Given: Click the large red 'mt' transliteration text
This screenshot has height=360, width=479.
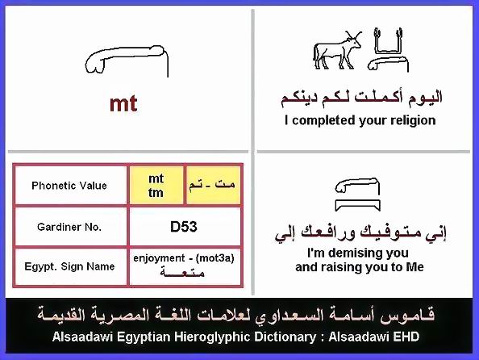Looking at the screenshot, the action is tap(123, 104).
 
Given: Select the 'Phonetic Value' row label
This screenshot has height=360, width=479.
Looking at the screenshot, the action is tap(69, 186).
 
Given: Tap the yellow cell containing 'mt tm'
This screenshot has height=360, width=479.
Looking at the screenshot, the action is tap(156, 185).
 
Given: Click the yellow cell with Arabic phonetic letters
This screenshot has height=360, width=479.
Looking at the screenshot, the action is tap(213, 185).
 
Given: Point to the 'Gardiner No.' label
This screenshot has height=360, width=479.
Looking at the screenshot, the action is tap(69, 227).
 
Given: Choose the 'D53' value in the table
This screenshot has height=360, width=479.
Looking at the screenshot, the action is tap(184, 227).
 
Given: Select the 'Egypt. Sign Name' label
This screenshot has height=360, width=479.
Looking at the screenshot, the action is tap(69, 266).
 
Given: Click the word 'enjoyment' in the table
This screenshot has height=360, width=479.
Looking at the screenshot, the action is tap(159, 258).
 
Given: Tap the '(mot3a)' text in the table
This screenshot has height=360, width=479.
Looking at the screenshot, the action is tap(215, 258).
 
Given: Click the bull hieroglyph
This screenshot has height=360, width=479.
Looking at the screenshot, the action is tap(337, 51).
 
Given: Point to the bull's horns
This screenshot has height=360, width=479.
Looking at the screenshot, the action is tap(354, 36).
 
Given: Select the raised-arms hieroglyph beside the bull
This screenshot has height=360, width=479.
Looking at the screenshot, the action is tap(388, 41).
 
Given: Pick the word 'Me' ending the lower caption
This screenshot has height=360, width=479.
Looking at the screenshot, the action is tap(414, 267).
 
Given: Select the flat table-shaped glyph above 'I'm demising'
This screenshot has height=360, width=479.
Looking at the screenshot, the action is tap(357, 205).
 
